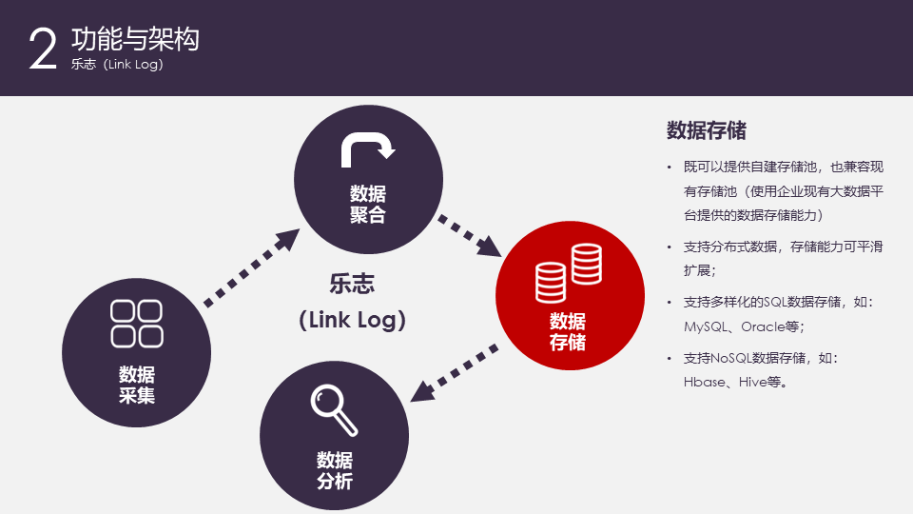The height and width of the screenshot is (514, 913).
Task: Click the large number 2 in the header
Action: [44, 49]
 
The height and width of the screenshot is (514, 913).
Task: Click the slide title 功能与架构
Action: [135, 39]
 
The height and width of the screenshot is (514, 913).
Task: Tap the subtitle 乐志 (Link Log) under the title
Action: [117, 66]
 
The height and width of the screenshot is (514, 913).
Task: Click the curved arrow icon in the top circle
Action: [367, 148]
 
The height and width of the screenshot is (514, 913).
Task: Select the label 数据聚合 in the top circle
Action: [368, 204]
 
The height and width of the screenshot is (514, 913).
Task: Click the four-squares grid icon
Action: [137, 324]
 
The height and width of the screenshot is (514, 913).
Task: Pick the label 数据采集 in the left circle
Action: [137, 384]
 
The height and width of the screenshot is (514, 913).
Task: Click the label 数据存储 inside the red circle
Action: [568, 331]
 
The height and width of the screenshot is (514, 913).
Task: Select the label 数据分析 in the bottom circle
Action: [335, 470]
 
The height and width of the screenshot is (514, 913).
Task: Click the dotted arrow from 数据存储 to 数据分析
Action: [454, 370]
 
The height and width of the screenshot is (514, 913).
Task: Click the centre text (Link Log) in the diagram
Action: [353, 320]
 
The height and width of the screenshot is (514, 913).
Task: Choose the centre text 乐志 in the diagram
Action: [352, 284]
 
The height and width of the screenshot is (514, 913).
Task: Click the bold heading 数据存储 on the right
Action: [706, 130]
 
